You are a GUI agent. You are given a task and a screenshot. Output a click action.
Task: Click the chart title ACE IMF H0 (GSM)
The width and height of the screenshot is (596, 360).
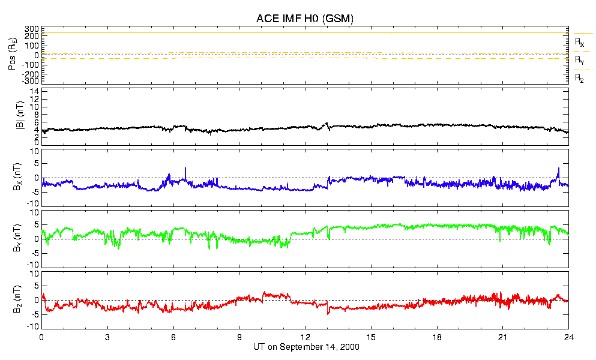[305, 19]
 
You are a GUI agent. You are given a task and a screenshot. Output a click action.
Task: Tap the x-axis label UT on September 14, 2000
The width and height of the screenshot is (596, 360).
[305, 346]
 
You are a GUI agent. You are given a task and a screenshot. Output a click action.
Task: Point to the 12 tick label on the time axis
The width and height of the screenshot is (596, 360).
[306, 337]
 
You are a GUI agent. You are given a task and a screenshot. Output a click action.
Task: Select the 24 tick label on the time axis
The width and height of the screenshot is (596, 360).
[568, 337]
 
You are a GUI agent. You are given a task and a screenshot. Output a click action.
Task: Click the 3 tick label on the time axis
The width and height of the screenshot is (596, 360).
[107, 337]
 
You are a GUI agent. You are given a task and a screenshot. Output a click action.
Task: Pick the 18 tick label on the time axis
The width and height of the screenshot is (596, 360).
[437, 337]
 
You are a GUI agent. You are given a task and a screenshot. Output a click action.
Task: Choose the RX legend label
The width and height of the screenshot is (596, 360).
[579, 43]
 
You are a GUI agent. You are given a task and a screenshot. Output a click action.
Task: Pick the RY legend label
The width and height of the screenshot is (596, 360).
[579, 61]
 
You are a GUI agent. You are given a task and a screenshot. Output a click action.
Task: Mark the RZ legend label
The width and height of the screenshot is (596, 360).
[579, 78]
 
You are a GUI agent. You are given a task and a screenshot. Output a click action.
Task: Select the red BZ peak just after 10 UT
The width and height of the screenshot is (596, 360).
[264, 293]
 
